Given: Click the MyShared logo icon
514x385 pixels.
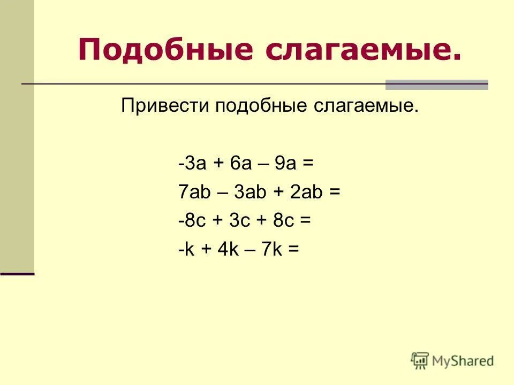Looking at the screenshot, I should tap(420, 360).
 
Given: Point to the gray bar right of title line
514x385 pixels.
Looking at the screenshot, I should tap(437, 84).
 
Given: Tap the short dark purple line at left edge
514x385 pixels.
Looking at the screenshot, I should tap(17, 274).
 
